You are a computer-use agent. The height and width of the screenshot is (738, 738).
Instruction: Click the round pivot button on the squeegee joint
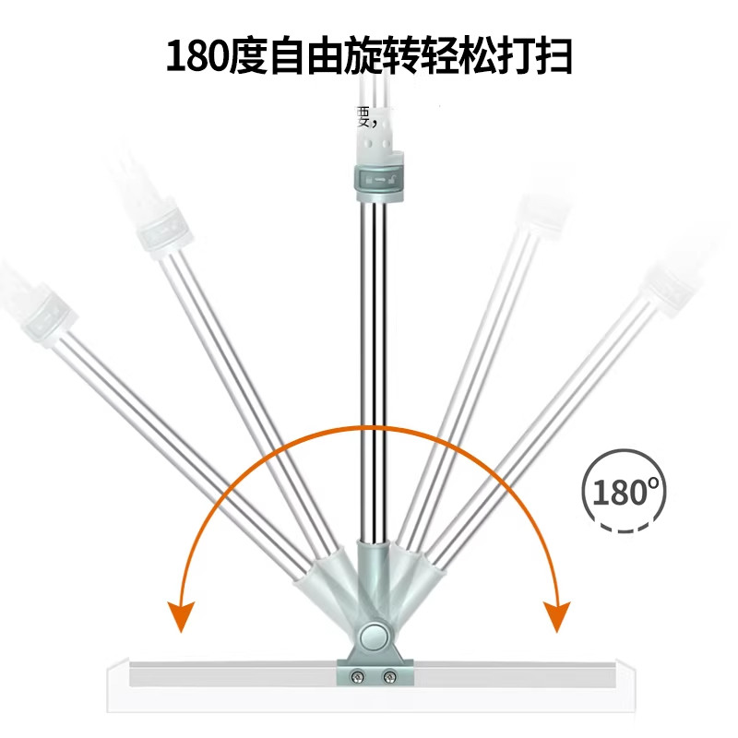click(x=374, y=637)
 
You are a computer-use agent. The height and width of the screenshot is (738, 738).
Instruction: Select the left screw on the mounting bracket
click(x=356, y=679)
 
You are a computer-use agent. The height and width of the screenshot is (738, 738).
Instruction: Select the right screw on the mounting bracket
click(x=390, y=679)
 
